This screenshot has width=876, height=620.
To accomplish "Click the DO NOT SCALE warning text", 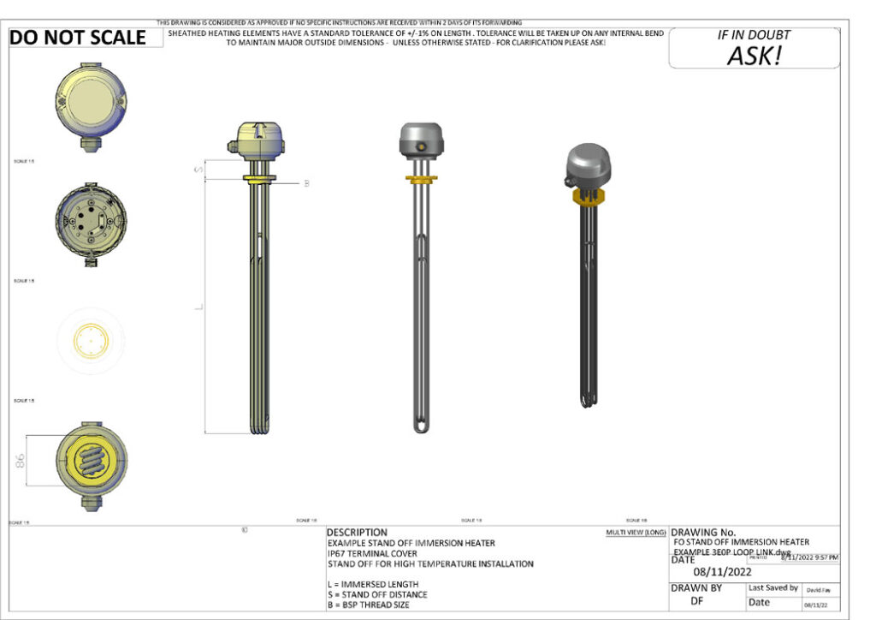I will coord(78,38).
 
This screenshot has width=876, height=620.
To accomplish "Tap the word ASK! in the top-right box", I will coord(754,56).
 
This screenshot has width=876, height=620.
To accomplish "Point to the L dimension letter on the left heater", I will coord(197,307).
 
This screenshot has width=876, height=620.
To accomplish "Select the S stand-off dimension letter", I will coord(198,170).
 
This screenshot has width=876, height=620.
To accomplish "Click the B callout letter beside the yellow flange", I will coord(306,182).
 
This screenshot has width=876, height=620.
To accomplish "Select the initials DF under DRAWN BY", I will coord(697,601).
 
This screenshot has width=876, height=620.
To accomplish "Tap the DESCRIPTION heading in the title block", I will coord(357,533).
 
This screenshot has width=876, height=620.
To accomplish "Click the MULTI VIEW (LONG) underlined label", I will coord(636,533).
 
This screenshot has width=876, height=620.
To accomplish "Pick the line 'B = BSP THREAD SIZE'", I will coord(368,605).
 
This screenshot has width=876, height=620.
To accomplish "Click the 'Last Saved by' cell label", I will coord(772,588).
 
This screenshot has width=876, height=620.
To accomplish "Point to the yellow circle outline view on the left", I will coord(91,341).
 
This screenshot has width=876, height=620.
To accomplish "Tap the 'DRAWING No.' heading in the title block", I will coord(702,533).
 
